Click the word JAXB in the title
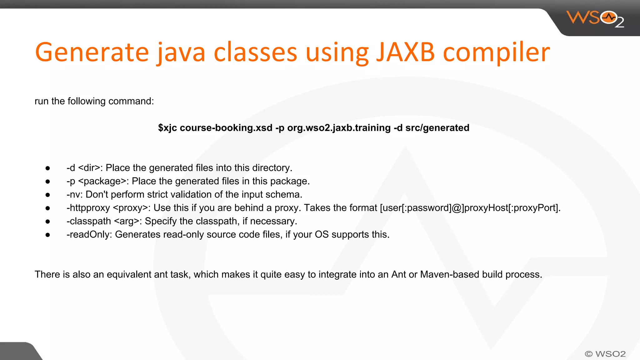pos(405,52)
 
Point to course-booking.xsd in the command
pos(226,128)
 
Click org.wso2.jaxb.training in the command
pos(339,128)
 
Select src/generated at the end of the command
pos(437,128)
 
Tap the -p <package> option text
pos(97,181)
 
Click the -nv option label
pos(73,194)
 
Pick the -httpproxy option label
pos(88,208)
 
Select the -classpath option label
pos(89,221)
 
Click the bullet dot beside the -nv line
pos(48,195)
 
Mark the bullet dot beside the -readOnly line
pos(48,235)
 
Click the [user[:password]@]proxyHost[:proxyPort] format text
pos(470,208)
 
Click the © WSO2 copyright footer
pos(605,354)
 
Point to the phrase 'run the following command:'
pos(94,101)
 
